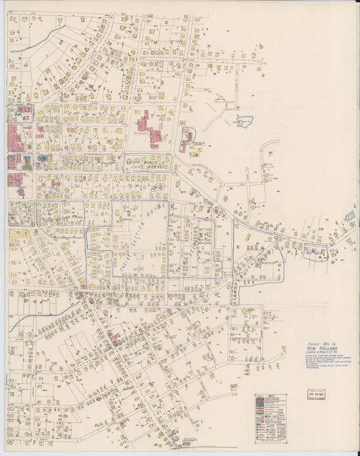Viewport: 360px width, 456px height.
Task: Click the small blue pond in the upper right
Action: click(244, 122)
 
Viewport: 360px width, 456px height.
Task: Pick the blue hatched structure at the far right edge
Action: click(349, 216)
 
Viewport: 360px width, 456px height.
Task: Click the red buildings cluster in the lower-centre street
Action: click(112, 337)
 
